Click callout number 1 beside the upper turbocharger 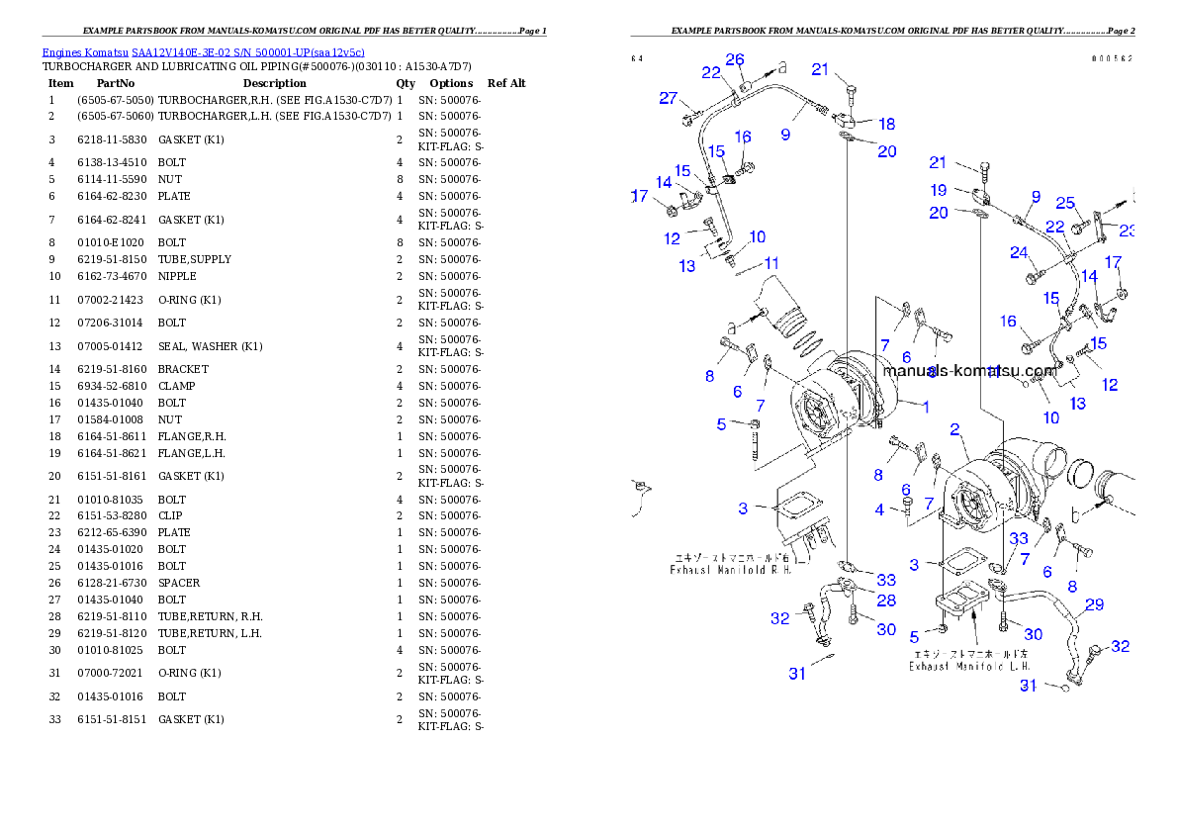coord(926,406)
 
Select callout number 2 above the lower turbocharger coord(955,429)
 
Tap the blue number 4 coord(880,509)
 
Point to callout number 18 coord(887,124)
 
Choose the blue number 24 coord(1020,252)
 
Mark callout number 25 coord(1064,203)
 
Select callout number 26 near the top coord(735,59)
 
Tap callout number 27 coord(669,98)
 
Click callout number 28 coord(886,601)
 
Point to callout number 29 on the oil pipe coord(1095,604)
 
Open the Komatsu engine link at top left coord(203,51)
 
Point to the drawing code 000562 coord(1112,58)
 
